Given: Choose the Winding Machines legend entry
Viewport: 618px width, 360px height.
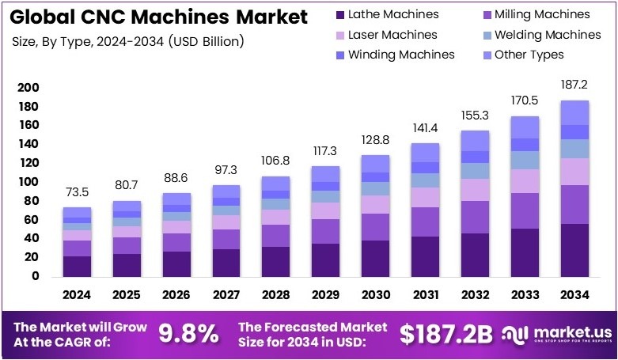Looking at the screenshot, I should pos(395,55).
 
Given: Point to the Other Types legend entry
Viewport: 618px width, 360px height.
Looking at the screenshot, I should pos(522,55).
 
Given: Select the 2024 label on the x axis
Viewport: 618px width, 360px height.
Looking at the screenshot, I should pos(77,294).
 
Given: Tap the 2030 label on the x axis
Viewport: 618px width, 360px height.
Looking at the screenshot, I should pos(375,294).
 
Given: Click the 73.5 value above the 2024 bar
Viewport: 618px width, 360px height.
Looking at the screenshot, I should pos(77,192).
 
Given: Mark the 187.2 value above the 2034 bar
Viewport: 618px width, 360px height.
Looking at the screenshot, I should pos(574,85).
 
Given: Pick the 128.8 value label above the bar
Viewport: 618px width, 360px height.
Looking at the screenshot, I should pos(375,139).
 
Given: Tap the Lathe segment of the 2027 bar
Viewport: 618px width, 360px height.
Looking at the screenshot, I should pos(226,263).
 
